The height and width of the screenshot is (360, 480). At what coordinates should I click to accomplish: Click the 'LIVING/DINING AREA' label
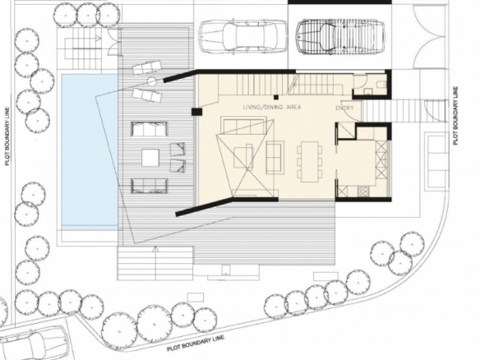272,107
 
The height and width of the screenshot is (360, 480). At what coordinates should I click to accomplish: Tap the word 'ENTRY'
344,108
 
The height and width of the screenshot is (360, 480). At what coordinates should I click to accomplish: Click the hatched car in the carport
339,37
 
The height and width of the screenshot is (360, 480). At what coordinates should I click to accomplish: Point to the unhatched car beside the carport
242,35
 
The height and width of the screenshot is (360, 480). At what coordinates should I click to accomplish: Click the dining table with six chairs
310,161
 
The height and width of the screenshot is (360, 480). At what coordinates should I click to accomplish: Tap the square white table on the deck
150,158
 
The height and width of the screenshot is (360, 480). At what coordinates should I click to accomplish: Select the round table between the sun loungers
151,81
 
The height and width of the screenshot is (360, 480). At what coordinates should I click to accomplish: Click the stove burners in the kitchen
363,192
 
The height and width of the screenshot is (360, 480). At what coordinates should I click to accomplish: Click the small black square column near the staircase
276,97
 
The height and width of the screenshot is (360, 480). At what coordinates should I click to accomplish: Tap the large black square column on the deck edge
196,112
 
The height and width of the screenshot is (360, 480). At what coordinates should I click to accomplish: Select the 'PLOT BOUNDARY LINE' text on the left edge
7,136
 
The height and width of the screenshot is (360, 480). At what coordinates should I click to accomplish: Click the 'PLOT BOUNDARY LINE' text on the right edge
456,116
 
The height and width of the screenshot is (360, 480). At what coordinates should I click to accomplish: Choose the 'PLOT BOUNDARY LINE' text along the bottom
196,343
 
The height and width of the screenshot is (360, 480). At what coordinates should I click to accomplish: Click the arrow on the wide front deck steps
155,263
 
